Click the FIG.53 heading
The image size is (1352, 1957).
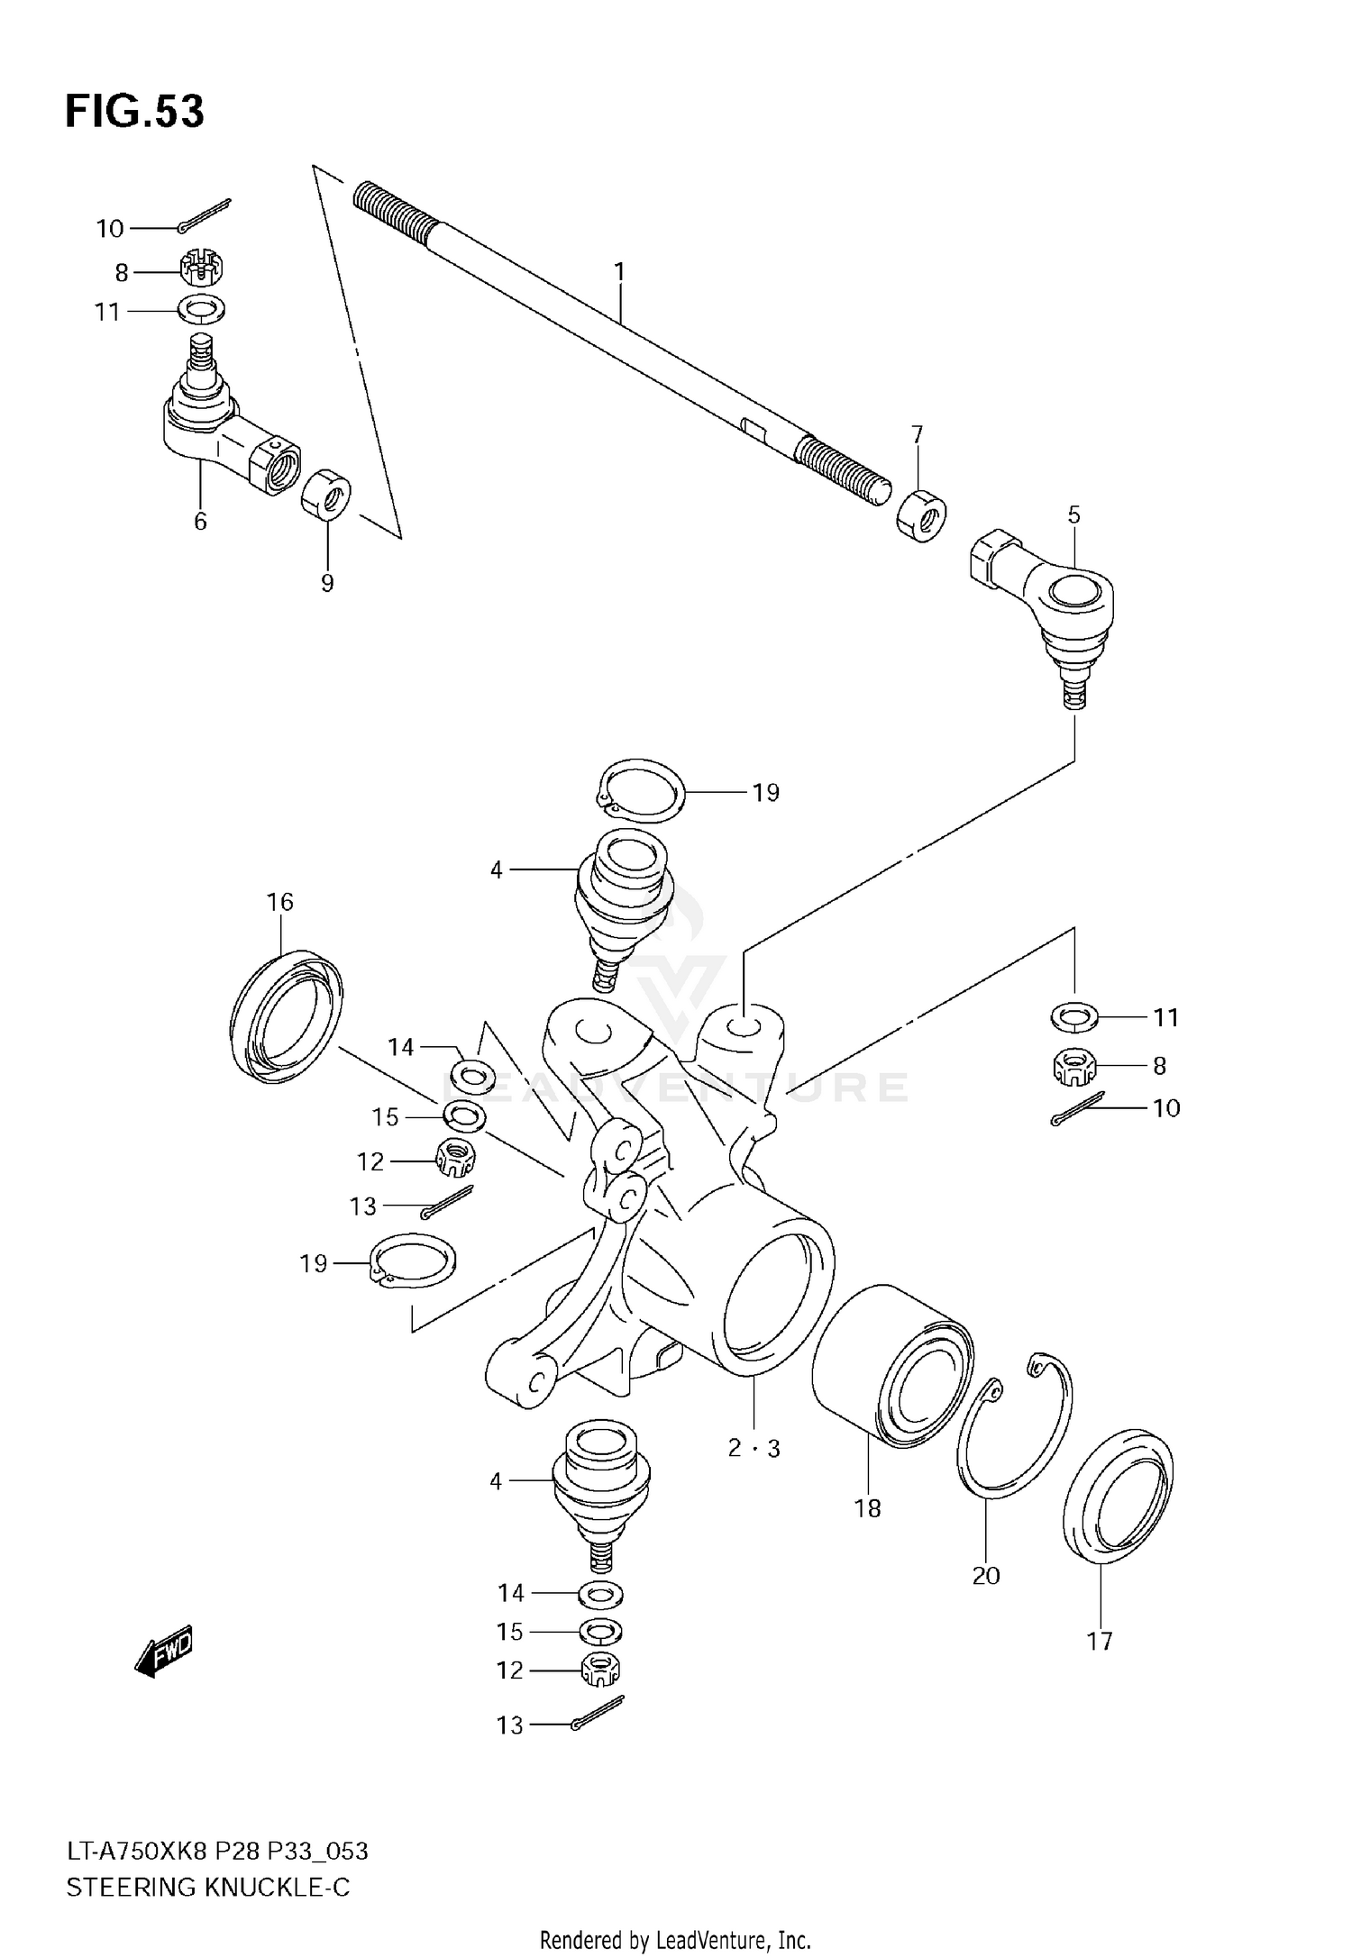tap(134, 112)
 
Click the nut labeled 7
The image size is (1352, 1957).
tap(921, 515)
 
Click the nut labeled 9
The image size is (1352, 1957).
tap(326, 493)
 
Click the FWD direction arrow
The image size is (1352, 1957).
tap(164, 1652)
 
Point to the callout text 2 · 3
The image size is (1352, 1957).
tap(754, 1449)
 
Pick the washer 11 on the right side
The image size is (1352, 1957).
tap(1073, 1018)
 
